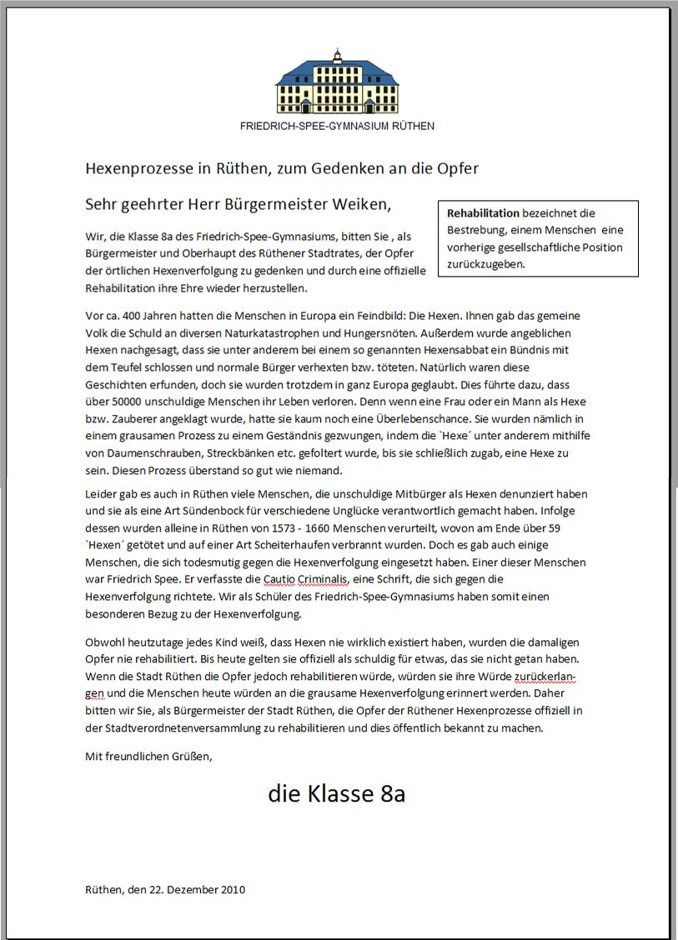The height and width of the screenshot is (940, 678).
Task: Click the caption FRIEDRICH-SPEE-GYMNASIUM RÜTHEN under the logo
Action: (337, 126)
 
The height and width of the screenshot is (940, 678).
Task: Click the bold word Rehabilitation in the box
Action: (483, 213)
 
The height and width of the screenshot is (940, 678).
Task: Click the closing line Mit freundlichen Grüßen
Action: (149, 757)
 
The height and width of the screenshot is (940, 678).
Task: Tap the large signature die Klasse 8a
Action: (337, 793)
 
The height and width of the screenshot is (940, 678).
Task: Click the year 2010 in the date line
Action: (233, 889)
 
